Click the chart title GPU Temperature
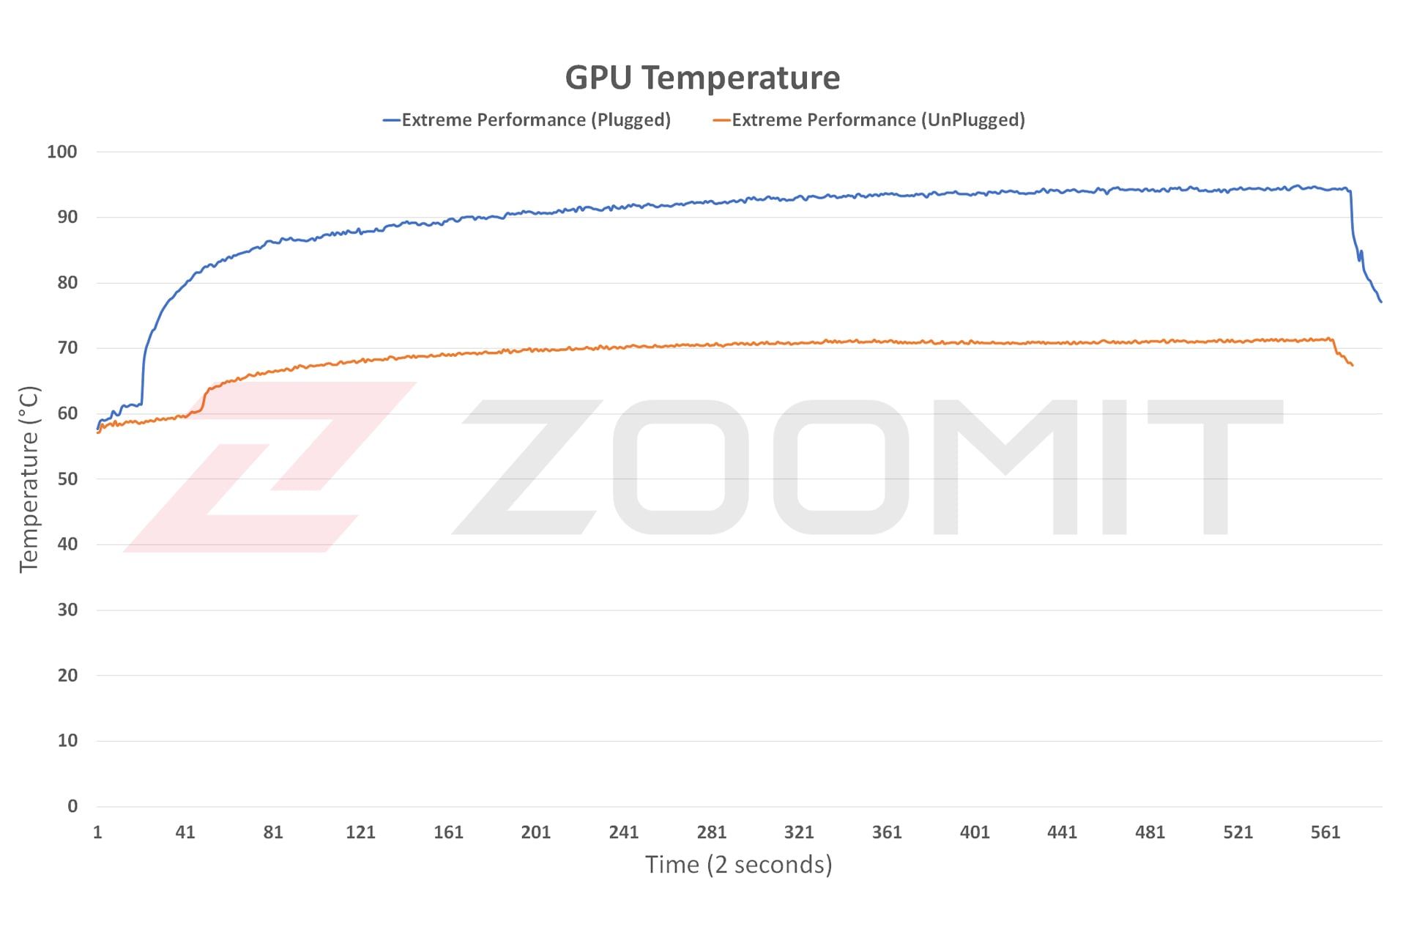702,78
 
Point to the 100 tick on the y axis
62,152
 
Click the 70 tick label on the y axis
67,348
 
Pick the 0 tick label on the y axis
72,806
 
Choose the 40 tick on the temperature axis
67,544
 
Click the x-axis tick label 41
185,832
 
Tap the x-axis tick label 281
711,832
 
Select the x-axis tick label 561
1325,832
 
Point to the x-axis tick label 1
97,832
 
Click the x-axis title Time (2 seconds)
738,865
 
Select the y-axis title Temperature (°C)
29,479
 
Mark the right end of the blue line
1381,302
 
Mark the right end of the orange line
1352,365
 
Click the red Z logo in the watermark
271,467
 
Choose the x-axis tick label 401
975,832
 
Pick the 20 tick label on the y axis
67,676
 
